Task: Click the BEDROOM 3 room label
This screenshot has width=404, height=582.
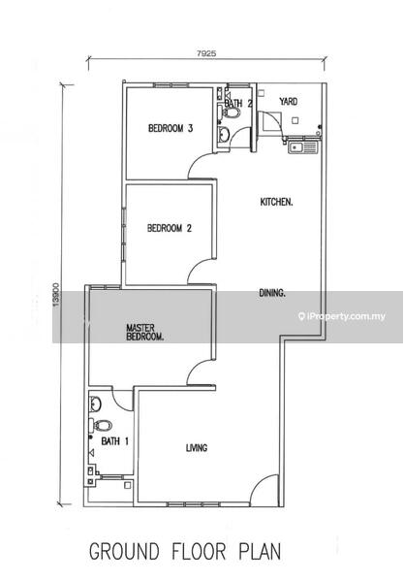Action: pos(171,128)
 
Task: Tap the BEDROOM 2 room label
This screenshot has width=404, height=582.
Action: pos(170,228)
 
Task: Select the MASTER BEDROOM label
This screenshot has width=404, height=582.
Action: pos(145,333)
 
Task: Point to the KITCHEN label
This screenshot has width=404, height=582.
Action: pos(276,203)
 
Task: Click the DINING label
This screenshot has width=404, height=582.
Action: pos(272,293)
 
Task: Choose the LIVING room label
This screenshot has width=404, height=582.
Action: pos(197,448)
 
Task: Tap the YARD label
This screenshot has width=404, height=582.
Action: pos(289,101)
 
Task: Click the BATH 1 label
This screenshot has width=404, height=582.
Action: pos(115,441)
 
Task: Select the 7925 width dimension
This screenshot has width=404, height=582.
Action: pos(206,53)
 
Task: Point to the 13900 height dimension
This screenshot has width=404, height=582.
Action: pos(56,295)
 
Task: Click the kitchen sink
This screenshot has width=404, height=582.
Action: pos(303,147)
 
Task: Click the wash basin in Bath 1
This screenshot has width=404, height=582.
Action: pos(95,404)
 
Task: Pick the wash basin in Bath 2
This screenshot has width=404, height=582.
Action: pos(223,135)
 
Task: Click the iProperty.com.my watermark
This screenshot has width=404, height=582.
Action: pos(342,316)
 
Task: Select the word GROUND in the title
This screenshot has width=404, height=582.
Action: pos(125,551)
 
